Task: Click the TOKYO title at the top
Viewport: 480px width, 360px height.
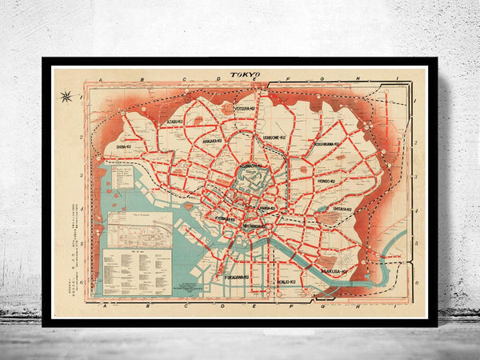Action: pyautogui.click(x=246, y=74)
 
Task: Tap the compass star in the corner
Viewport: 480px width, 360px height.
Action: pyautogui.click(x=66, y=97)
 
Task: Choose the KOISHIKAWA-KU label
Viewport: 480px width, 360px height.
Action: pyautogui.click(x=326, y=144)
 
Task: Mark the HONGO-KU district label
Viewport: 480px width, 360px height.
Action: pyautogui.click(x=326, y=182)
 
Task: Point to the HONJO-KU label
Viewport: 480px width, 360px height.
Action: pyautogui.click(x=281, y=282)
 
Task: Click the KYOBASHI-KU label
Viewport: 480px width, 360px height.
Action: pyautogui.click(x=224, y=218)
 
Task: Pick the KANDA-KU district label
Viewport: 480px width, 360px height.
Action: pyautogui.click(x=266, y=208)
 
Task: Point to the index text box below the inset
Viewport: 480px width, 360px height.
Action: pyautogui.click(x=137, y=270)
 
